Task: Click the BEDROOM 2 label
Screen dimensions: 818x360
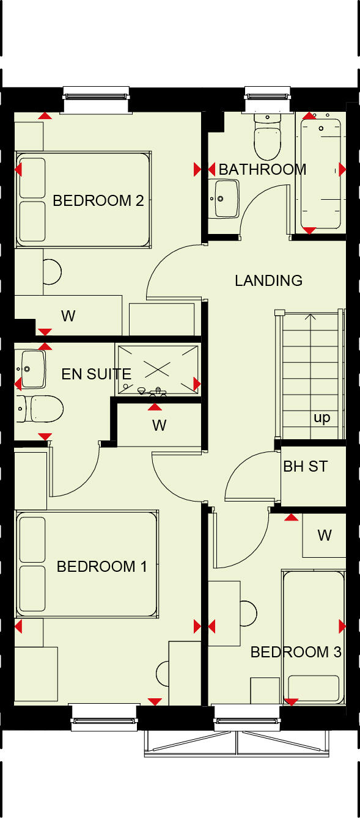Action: [98, 200]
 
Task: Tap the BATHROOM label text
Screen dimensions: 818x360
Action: [262, 169]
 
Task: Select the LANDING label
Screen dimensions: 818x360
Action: [269, 280]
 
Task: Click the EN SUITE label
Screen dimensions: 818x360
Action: [97, 374]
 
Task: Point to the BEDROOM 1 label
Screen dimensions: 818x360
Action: [101, 566]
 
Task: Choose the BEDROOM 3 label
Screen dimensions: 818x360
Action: [296, 652]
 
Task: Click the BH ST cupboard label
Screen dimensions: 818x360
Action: [306, 467]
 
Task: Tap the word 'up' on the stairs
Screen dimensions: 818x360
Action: [321, 418]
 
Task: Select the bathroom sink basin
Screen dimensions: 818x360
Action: [226, 199]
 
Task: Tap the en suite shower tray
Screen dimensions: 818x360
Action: [157, 369]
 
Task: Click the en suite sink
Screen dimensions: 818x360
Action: [30, 369]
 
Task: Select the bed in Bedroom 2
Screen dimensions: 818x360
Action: [83, 199]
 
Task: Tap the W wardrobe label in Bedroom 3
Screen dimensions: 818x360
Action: [324, 535]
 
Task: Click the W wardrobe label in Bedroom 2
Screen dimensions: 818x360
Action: [68, 316]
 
